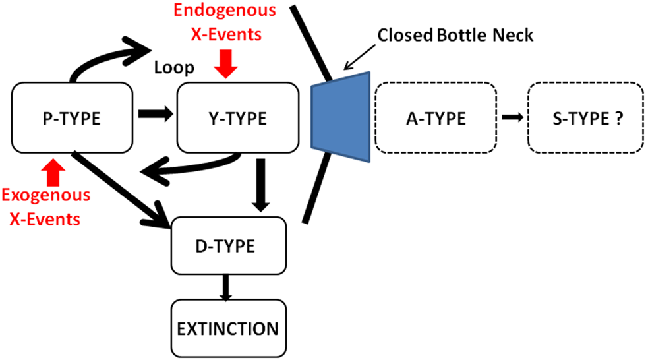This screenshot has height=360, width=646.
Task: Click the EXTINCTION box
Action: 228,328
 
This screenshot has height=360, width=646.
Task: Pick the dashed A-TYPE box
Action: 435,119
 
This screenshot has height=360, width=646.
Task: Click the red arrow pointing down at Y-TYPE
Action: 226,64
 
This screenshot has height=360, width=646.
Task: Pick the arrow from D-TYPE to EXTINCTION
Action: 226,287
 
